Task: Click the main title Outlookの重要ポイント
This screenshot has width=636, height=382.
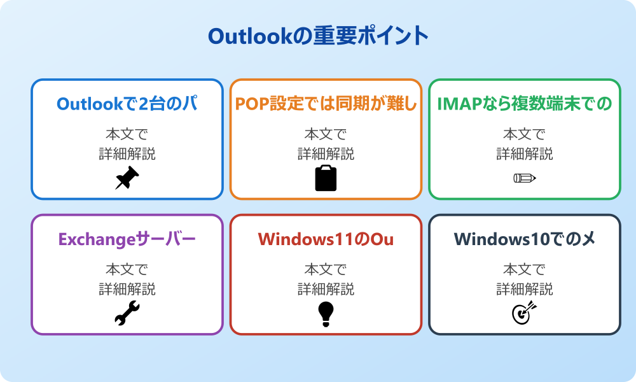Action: [x=318, y=36]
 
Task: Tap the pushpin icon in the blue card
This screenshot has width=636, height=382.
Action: [x=127, y=178]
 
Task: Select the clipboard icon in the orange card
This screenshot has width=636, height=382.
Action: [x=326, y=178]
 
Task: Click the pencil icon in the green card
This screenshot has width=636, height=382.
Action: [x=525, y=178]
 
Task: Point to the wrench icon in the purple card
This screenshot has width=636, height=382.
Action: [x=127, y=313]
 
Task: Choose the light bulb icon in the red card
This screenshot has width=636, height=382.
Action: [x=326, y=313]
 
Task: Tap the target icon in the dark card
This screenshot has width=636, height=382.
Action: [x=525, y=313]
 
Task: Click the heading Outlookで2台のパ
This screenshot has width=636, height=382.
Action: [x=127, y=104]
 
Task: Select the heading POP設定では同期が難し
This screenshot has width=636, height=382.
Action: [x=326, y=104]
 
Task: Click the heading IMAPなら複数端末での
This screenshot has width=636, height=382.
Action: [x=525, y=104]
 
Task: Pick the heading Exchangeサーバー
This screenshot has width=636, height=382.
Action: [x=127, y=239]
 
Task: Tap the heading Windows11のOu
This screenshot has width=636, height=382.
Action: [x=326, y=239]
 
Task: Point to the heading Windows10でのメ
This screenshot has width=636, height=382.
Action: [x=525, y=239]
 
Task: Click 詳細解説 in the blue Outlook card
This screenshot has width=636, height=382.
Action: [x=127, y=153]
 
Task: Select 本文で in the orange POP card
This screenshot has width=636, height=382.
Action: [x=326, y=134]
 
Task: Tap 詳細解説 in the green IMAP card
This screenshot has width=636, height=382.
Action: [x=525, y=153]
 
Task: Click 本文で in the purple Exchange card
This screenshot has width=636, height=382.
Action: [x=127, y=270]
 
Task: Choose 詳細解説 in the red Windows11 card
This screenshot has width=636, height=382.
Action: [x=326, y=289]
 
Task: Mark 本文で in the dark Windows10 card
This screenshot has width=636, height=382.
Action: [x=525, y=270]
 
